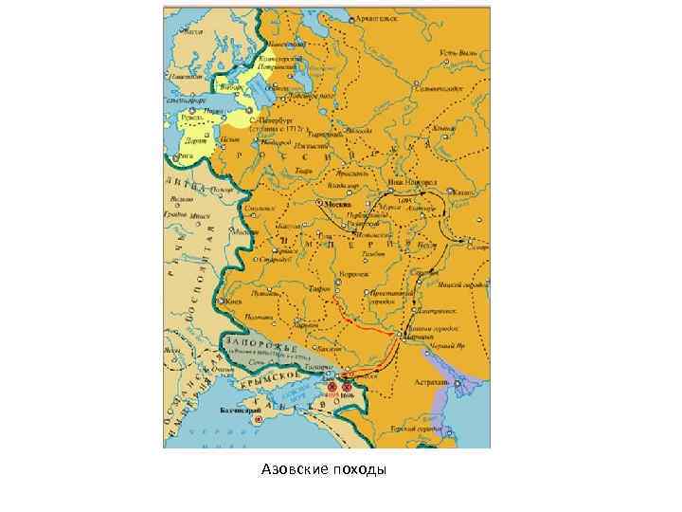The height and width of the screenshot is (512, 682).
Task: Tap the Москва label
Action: pyautogui.click(x=337, y=204)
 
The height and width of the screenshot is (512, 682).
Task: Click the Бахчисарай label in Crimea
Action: pyautogui.click(x=237, y=412)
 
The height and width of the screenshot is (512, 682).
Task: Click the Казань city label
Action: pyautogui.click(x=463, y=192)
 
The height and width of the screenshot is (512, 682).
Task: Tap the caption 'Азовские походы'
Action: pyautogui.click(x=325, y=470)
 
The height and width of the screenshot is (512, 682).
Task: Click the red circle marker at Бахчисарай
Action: pyautogui.click(x=257, y=417)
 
